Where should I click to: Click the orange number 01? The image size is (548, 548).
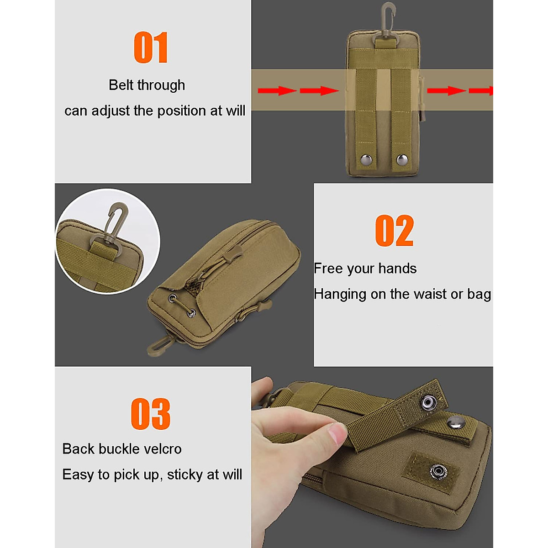pyautogui.click(x=151, y=47)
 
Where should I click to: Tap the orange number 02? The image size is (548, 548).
pyautogui.click(x=394, y=231)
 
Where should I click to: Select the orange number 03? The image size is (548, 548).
pyautogui.click(x=150, y=414)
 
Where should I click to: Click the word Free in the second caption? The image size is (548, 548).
pyautogui.click(x=328, y=269)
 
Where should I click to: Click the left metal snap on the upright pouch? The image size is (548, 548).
pyautogui.click(x=366, y=159)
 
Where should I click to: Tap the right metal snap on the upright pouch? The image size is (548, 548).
pyautogui.click(x=402, y=159)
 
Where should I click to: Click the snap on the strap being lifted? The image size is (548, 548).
pyautogui.click(x=428, y=402)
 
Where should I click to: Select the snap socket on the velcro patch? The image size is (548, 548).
pyautogui.click(x=437, y=470)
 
